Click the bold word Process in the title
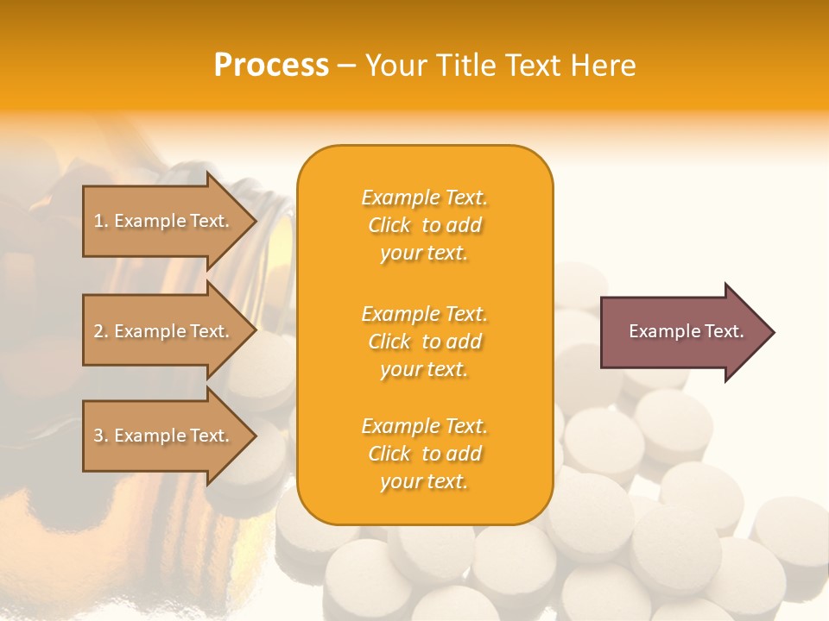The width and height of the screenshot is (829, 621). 271,66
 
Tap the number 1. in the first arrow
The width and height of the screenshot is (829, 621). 101,222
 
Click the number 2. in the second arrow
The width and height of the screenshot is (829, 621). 101,332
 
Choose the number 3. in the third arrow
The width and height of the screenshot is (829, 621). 101,436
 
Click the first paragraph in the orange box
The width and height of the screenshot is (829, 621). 424,225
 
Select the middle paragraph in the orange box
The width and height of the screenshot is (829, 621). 424,342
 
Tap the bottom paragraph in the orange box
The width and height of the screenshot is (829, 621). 424,454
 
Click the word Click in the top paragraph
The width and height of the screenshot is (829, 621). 389,225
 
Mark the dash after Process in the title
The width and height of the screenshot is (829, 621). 347,66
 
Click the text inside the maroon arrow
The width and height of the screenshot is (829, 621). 686,331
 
